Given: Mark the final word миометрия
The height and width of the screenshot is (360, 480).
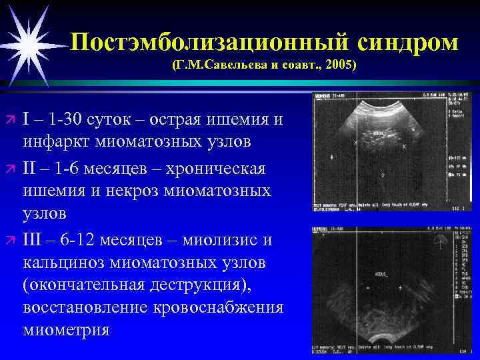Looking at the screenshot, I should click(66, 331).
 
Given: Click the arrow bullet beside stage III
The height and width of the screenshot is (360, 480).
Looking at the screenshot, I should click(10, 239).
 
